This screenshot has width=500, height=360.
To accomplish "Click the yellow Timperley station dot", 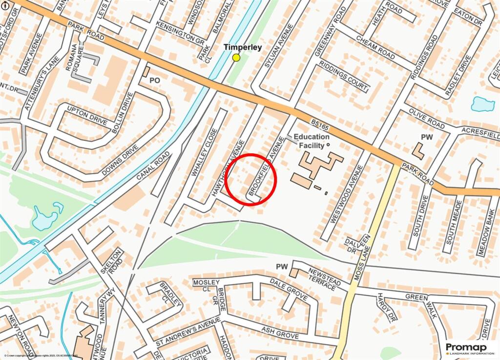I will coord(236,58).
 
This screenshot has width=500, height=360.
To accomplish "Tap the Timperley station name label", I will coord(243,47).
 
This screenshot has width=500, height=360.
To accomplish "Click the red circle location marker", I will coord(251,179).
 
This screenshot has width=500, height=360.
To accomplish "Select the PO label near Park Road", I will coord(155,80).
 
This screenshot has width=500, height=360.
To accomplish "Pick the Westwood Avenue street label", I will coord(346,194).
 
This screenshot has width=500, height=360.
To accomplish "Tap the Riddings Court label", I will coord(344,76).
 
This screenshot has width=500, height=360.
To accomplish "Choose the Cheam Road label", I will coord(375,47).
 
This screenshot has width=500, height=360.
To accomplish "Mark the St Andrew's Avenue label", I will coord(184,334).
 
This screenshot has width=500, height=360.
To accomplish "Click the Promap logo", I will coord(466,348).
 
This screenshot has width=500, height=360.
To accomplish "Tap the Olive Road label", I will coord(427,119).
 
